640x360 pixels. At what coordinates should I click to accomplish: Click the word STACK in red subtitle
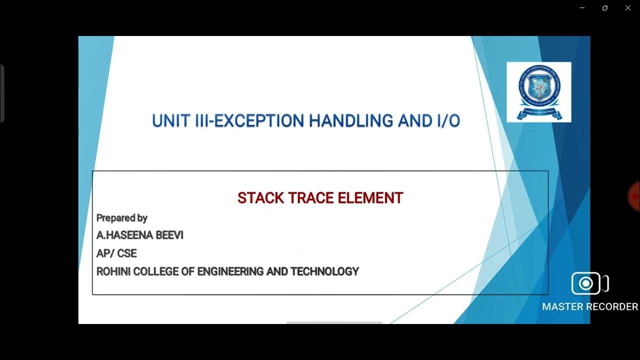point(257,198)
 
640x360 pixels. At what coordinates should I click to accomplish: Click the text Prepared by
point(121,217)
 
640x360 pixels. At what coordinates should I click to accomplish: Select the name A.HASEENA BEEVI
point(140,235)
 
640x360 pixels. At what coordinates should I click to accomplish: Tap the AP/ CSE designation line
point(116,253)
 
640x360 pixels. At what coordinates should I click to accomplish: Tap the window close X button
point(628,8)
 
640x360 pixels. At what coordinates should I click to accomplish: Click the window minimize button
point(582,8)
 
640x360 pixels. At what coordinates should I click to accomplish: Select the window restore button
point(605,8)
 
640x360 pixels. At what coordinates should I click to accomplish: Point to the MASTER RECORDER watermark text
point(590,306)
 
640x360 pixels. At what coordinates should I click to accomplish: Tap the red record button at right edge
point(635,196)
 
